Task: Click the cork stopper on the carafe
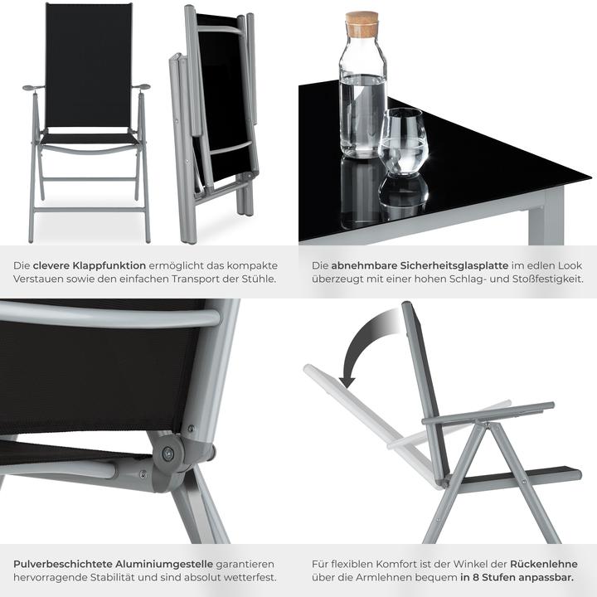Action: [362, 23]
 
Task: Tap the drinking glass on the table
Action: [402, 143]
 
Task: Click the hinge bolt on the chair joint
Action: [168, 453]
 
